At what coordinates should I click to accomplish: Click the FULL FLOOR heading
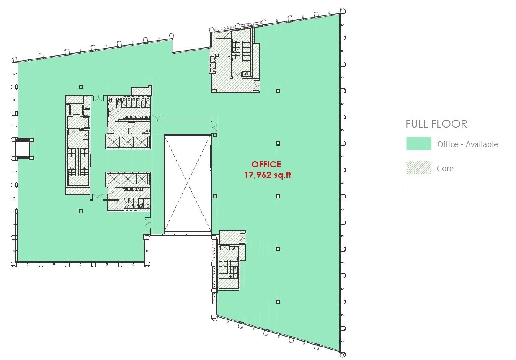click(436, 124)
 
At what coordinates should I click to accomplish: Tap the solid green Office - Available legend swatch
click(419, 144)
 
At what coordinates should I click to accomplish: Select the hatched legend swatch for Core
click(419, 168)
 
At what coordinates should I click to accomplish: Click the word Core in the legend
click(445, 169)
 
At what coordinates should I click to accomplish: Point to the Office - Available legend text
click(467, 144)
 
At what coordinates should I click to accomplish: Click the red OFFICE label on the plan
click(266, 165)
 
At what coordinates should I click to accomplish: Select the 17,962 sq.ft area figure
click(268, 175)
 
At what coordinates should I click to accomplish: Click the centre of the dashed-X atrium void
click(188, 183)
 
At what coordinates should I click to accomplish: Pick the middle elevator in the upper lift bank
click(128, 142)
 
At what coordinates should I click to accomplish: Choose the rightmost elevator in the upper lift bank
click(141, 142)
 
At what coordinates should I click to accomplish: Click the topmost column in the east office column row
click(278, 91)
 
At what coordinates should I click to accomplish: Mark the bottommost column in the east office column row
click(278, 302)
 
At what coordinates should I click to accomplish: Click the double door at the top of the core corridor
click(98, 98)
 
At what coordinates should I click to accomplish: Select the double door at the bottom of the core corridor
click(98, 197)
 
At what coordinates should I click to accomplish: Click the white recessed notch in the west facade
click(22, 149)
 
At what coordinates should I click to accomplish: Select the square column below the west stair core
click(80, 211)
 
